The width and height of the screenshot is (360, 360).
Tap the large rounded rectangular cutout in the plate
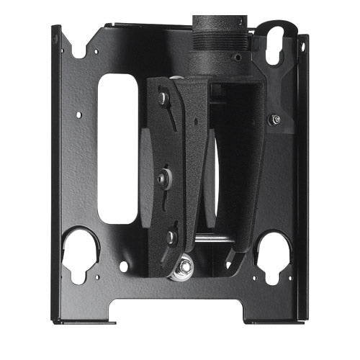117,148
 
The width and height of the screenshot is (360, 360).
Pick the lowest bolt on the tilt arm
171,235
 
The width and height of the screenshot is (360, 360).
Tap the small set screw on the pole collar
238,56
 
